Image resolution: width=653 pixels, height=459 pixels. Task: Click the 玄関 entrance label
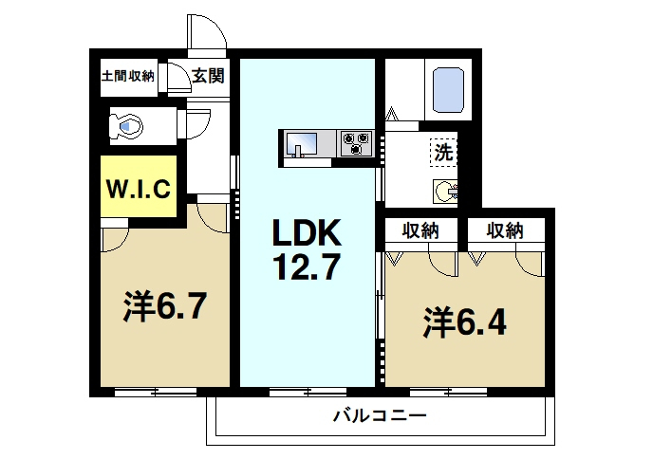coord(208,77)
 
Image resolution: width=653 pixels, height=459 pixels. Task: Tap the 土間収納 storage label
coord(128,77)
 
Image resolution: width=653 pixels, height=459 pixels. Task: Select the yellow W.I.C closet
coord(138,189)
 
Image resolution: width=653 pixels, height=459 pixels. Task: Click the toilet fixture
coord(126,124)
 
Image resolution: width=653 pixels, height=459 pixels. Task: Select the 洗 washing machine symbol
coord(443,152)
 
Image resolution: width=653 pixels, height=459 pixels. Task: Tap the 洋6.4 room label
coord(464,322)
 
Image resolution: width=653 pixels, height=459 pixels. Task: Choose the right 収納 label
coord(506,229)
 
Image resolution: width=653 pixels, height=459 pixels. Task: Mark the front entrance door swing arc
coord(206,33)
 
